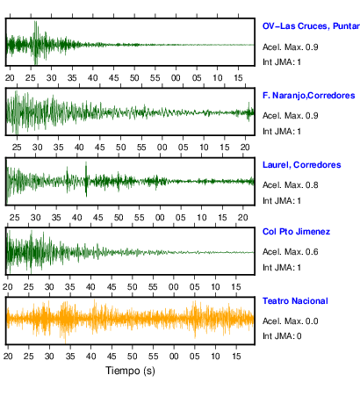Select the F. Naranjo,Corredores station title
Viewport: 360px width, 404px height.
point(309,96)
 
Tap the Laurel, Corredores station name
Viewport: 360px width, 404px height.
point(302,165)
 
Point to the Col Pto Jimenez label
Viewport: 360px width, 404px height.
point(296,232)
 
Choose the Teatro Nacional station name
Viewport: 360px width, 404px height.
point(295,301)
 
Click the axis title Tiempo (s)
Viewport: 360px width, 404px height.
point(130,371)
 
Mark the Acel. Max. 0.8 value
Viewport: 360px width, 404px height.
point(291,185)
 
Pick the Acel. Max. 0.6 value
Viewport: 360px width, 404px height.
point(291,252)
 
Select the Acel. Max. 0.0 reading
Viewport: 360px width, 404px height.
point(291,321)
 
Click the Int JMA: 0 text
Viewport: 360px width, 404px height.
point(282,336)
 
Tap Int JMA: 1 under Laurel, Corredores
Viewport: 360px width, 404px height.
point(282,201)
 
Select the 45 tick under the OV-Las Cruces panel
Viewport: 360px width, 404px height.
point(113,78)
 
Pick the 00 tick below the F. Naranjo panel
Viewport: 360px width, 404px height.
point(162,148)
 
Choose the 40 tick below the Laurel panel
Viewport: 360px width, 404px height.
point(77,218)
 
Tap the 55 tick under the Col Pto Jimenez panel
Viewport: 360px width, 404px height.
point(153,287)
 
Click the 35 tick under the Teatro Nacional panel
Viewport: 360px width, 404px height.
point(70,357)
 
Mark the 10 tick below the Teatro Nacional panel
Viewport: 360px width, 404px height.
point(215,357)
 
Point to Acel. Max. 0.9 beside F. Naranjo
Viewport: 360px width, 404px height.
point(291,116)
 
